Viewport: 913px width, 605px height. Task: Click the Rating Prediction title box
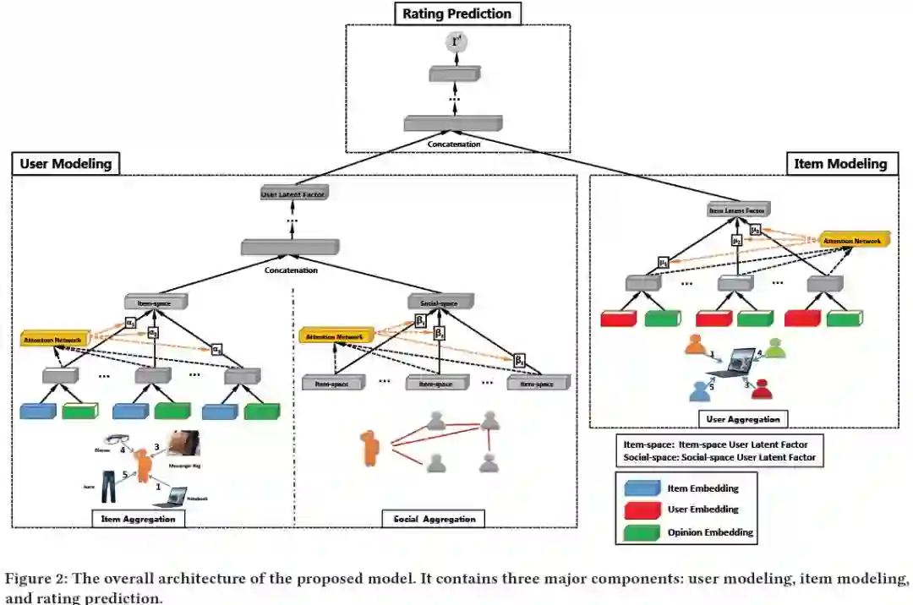coord(457,14)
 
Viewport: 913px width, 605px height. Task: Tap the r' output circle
coord(457,42)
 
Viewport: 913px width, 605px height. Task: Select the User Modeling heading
coord(65,164)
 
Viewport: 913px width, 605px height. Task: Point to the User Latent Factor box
coord(292,195)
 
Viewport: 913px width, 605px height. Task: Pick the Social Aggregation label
coord(434,518)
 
